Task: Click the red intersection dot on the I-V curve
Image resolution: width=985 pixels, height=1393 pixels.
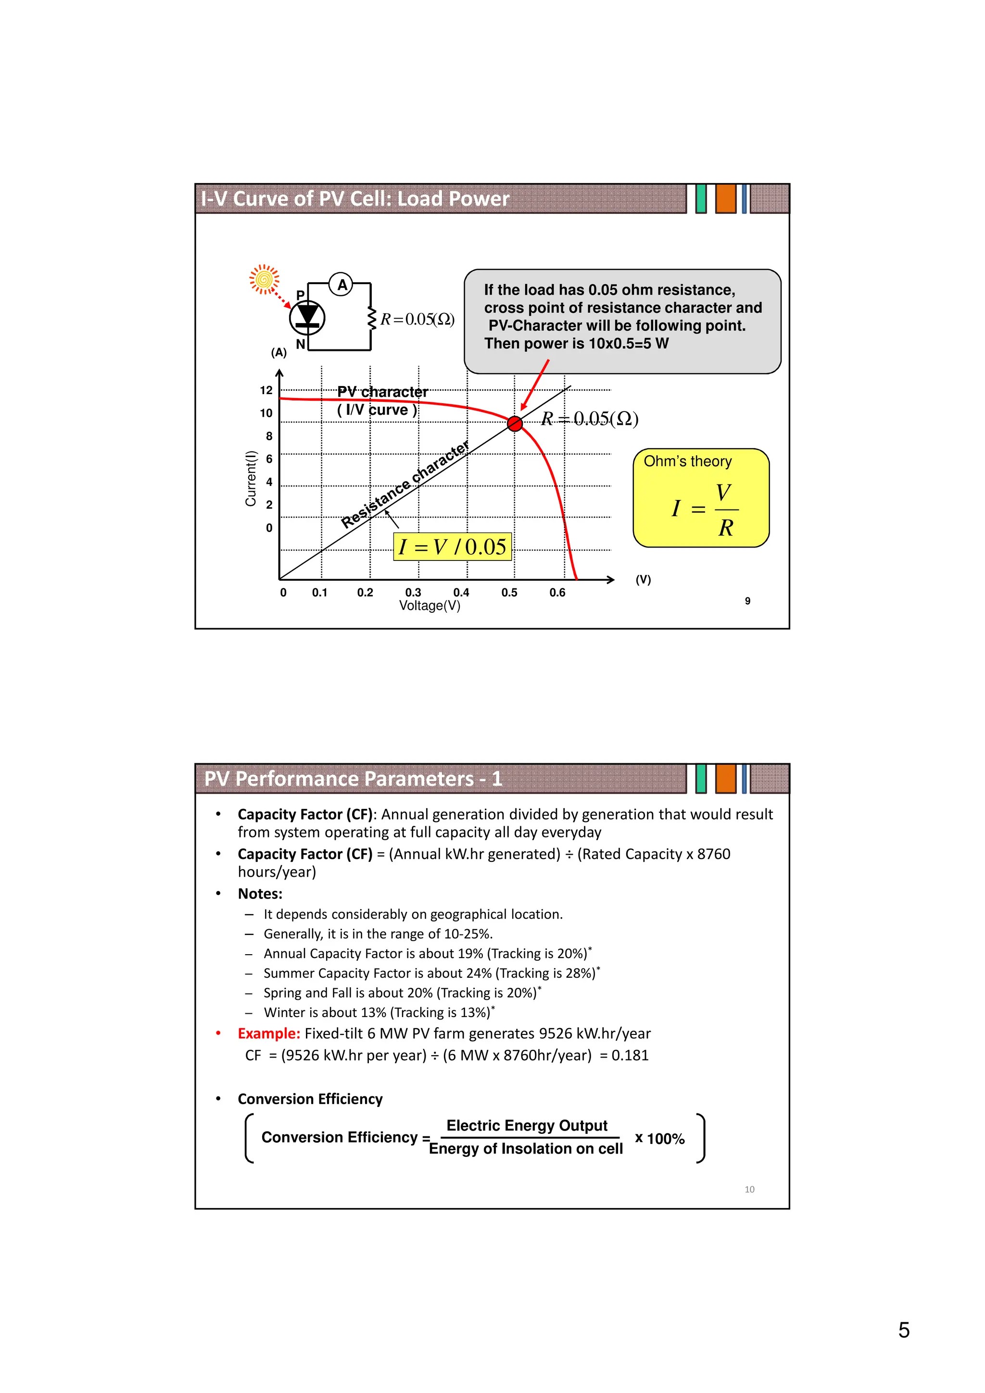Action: (x=515, y=423)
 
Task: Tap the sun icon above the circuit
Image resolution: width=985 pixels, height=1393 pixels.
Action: (x=264, y=279)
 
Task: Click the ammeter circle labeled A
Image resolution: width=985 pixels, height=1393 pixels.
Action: (x=341, y=284)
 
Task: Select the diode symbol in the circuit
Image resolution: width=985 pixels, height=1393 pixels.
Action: (x=307, y=317)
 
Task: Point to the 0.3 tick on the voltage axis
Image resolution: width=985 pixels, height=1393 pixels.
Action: (x=413, y=592)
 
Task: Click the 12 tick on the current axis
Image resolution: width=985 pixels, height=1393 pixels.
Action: (x=266, y=390)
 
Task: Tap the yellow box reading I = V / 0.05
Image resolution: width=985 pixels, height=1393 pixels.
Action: (x=452, y=547)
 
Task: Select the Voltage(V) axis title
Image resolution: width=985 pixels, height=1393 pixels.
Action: (x=429, y=606)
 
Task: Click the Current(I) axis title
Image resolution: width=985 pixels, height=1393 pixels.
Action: (x=250, y=478)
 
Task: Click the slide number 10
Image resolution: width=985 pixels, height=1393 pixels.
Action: (x=749, y=1189)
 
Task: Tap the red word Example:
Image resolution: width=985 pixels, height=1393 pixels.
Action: (x=269, y=1033)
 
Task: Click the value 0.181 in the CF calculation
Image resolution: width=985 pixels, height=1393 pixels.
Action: (x=630, y=1055)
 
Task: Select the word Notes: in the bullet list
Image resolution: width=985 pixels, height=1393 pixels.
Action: (x=260, y=894)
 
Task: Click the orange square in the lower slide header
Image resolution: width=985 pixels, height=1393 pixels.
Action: (x=725, y=778)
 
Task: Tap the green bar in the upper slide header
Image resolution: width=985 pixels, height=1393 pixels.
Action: (x=701, y=199)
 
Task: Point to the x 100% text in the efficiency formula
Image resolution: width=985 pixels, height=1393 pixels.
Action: (x=660, y=1138)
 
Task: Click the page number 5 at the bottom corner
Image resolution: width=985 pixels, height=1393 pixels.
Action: (x=903, y=1330)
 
